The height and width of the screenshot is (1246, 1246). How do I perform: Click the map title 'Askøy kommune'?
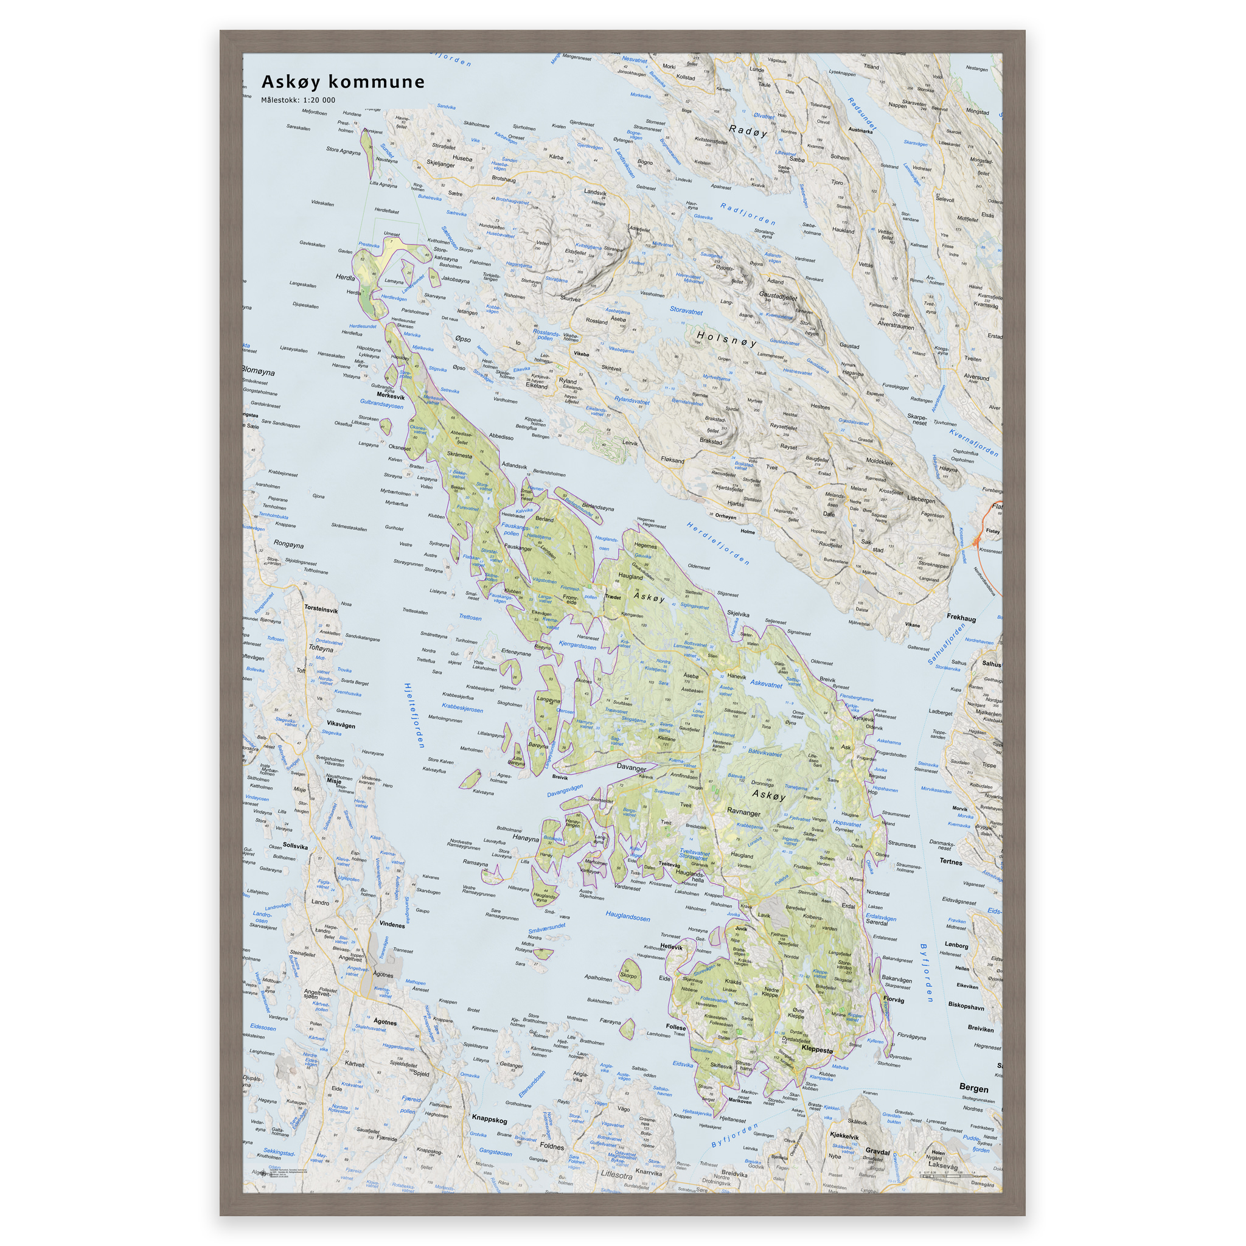click(x=343, y=82)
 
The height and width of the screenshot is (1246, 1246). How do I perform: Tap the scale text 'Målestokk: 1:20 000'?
click(x=298, y=100)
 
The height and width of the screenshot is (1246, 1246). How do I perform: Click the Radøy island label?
click(x=748, y=131)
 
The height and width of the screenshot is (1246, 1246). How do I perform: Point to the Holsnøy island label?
click(x=726, y=339)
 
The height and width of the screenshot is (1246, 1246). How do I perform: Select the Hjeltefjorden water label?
click(x=413, y=715)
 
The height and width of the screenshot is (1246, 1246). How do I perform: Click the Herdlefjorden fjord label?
click(x=718, y=542)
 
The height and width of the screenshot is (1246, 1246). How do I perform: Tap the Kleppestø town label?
click(x=816, y=1049)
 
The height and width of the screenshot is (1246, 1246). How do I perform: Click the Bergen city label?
click(x=973, y=1088)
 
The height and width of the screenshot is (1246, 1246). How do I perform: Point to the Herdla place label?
click(x=345, y=277)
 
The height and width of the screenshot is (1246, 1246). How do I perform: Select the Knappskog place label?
click(x=489, y=1119)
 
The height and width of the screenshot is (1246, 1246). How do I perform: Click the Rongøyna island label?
click(x=288, y=545)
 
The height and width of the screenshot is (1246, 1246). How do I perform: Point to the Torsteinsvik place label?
click(x=321, y=610)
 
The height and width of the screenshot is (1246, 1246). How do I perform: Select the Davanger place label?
click(x=631, y=768)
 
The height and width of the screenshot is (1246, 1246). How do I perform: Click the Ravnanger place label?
click(x=743, y=813)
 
